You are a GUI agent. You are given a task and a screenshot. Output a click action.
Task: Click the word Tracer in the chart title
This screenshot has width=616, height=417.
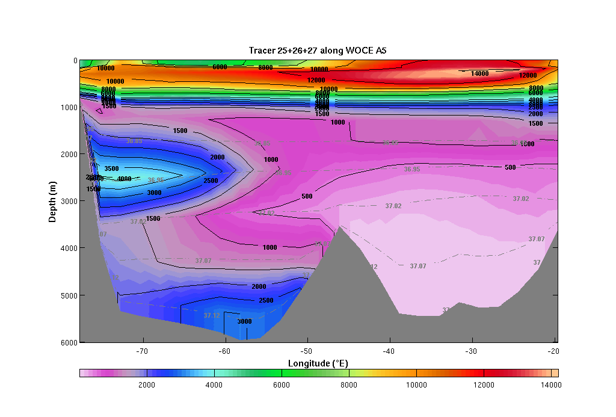(262, 51)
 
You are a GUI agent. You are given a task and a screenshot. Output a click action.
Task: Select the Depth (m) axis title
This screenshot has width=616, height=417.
(52, 200)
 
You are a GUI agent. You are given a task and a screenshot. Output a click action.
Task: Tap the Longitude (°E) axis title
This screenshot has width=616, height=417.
(318, 363)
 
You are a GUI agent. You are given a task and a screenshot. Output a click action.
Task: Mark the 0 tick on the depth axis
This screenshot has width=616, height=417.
(75, 60)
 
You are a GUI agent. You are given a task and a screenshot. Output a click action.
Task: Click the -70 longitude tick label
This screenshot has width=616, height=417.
(143, 351)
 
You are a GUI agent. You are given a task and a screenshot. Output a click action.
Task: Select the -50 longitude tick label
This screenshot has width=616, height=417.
(307, 351)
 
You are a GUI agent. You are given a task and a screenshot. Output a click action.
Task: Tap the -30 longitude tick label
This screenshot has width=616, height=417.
(471, 351)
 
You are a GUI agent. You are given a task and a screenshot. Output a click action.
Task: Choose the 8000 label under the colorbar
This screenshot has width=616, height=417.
(349, 385)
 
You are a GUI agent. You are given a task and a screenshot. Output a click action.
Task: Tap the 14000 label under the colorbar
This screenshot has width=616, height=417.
(550, 385)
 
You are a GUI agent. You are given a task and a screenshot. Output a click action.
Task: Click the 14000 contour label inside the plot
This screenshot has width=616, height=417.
(479, 73)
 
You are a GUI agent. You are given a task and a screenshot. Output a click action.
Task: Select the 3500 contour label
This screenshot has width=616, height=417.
(111, 169)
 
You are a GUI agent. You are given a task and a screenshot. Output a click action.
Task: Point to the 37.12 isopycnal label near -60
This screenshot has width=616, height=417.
(211, 315)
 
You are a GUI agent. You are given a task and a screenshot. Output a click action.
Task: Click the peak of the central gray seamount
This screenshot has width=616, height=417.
(340, 227)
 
